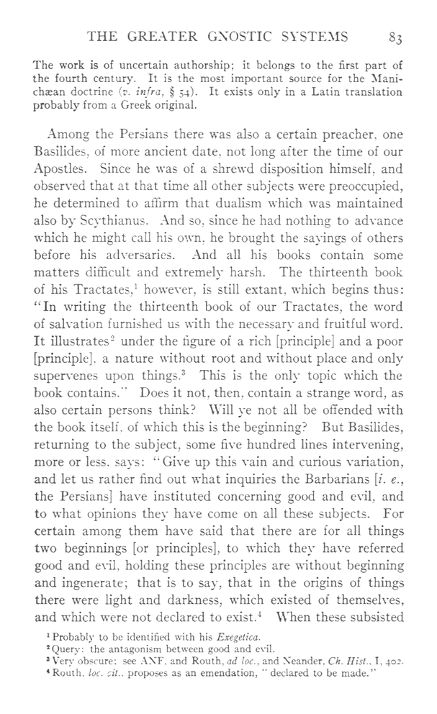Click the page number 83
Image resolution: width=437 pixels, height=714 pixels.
coord(397,37)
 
